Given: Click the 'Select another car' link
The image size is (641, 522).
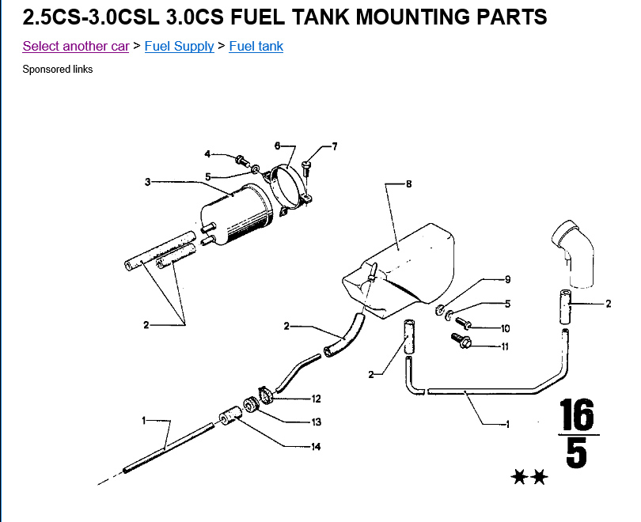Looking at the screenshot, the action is [x=76, y=47].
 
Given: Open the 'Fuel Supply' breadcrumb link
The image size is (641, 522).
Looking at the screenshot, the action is [x=179, y=47].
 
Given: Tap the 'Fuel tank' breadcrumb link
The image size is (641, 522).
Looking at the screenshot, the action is [x=256, y=47].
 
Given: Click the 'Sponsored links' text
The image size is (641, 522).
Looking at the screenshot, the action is [x=58, y=70].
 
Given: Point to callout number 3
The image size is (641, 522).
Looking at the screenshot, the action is [x=147, y=182].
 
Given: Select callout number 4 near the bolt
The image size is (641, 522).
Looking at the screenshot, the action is [x=207, y=154].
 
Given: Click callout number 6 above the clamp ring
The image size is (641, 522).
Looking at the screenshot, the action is [x=277, y=146].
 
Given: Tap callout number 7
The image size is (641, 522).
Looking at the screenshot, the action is [x=335, y=146].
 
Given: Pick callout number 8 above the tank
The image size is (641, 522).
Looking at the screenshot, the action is [x=409, y=184].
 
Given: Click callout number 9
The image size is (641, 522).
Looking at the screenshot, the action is [x=508, y=279].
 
